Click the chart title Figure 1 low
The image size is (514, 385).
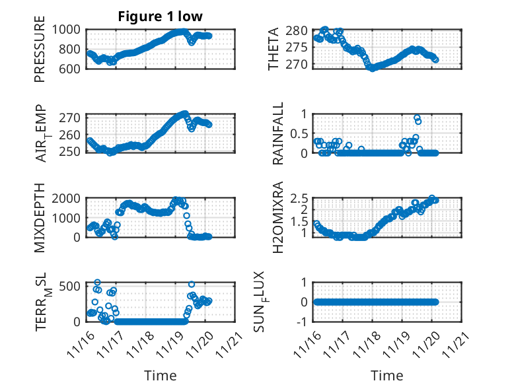(160, 16)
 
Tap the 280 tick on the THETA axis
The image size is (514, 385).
(299, 31)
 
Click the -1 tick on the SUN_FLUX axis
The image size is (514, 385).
(303, 322)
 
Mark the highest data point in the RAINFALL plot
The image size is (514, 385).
(417, 118)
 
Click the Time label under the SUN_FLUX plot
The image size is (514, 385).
(386, 376)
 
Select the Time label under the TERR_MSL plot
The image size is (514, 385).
(161, 376)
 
